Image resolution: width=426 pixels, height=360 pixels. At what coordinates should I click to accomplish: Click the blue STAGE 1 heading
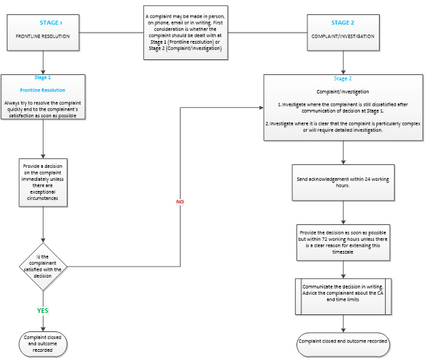coord(51,22)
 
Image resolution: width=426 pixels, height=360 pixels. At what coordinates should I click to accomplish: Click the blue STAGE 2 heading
coord(343,22)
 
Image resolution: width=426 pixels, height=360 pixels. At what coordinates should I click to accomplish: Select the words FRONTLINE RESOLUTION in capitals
coord(43,36)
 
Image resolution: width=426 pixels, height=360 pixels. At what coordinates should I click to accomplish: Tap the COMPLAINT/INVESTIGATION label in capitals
coord(343,36)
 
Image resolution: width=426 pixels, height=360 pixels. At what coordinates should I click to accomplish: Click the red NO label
coord(180,202)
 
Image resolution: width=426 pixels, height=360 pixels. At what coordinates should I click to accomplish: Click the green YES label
coord(43,310)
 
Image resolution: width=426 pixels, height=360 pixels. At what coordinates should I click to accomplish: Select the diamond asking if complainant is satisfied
coord(43,267)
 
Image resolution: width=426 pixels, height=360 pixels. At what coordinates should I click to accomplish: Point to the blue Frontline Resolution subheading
coord(43,90)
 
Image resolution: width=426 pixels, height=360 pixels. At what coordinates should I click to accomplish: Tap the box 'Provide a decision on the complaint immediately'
coord(43,183)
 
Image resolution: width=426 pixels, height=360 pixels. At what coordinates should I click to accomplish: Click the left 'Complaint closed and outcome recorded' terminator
coord(43,344)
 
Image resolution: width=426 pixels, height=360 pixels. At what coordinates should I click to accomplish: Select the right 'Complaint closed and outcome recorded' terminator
coord(343,344)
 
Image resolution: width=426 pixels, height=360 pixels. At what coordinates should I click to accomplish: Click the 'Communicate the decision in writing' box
coord(343,297)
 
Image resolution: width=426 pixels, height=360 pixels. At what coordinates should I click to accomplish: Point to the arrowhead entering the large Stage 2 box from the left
coord(261,108)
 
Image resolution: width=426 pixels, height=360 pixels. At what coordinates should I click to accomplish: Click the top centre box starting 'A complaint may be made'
coord(185,33)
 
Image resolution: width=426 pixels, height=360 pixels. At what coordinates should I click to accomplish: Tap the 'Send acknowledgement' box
coord(343,183)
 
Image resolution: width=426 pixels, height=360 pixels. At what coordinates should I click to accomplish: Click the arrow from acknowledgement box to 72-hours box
coord(343,213)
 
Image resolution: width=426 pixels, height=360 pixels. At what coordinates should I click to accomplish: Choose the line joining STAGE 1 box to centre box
coord(111,33)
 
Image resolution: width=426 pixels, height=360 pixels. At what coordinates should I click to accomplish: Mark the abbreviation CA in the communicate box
coord(380,293)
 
